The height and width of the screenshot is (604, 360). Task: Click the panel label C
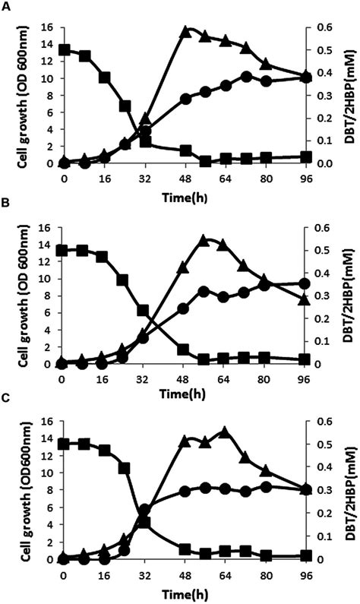tap(5, 406)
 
